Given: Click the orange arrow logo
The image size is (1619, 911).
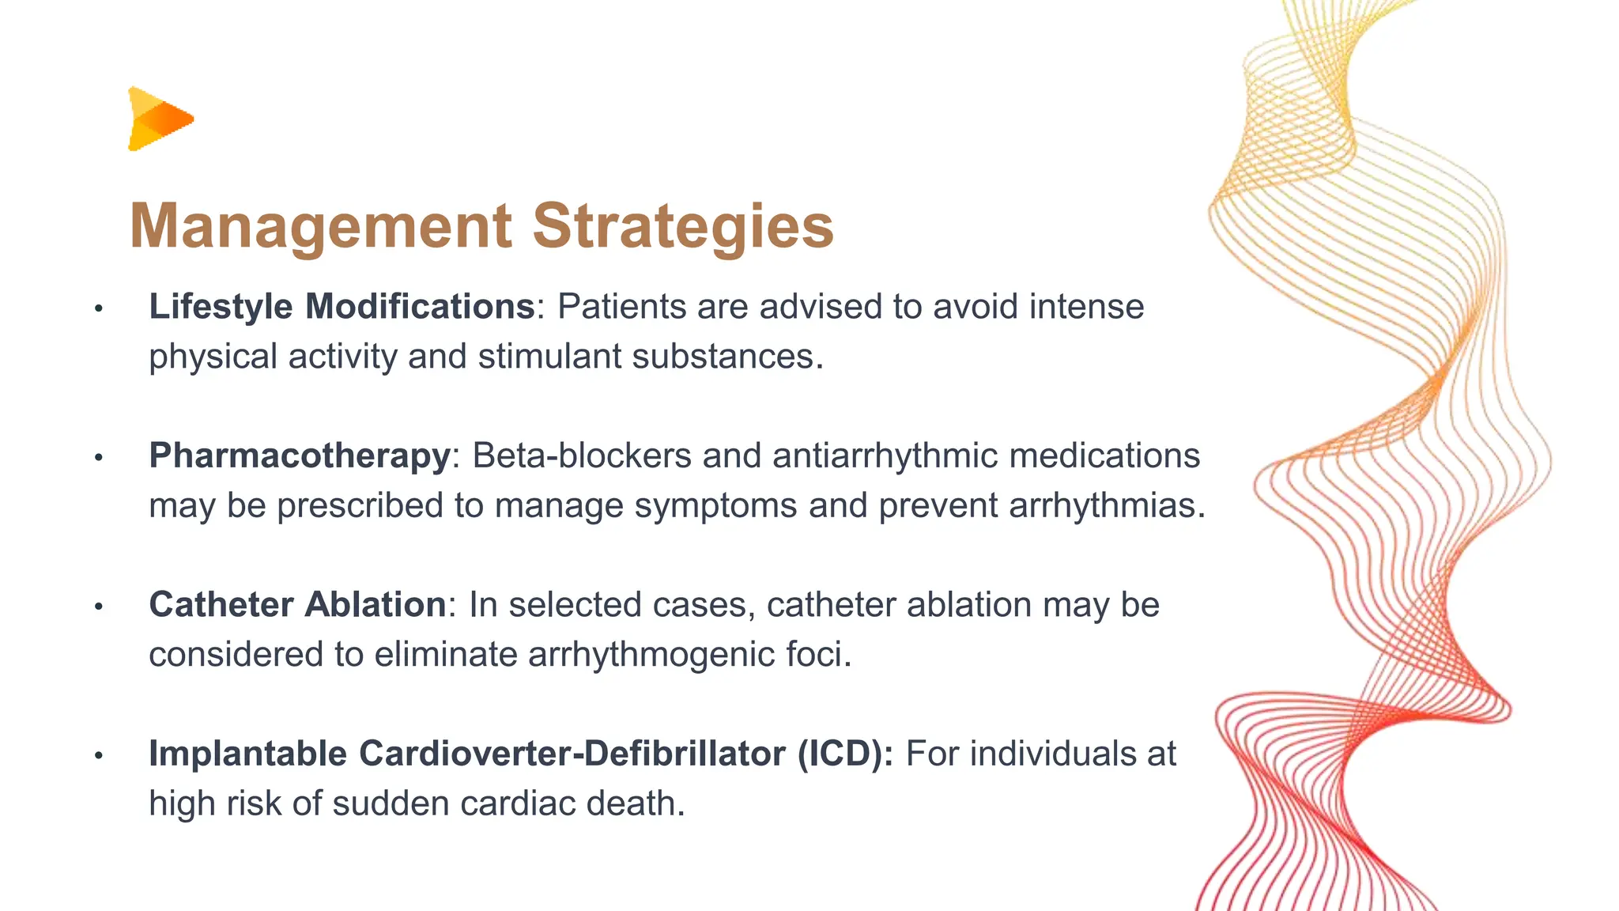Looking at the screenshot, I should [x=160, y=119].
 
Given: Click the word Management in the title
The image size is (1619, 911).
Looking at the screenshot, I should [x=320, y=227].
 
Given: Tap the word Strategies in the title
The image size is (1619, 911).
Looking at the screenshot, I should [x=683, y=227].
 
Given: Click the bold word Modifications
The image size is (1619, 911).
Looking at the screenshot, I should [x=420, y=307].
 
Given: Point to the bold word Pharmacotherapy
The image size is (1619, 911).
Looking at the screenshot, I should [x=300, y=456].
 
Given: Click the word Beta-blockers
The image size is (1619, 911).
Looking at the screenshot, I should [x=582, y=456].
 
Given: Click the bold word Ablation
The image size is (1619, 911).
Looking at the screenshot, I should [x=376, y=605].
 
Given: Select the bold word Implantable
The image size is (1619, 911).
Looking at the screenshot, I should [x=247, y=754].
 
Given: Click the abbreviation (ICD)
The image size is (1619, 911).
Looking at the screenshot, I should [x=844, y=754].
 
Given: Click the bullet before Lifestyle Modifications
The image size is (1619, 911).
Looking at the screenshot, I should [x=99, y=308].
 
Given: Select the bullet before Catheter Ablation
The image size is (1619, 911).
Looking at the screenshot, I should [x=99, y=607].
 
